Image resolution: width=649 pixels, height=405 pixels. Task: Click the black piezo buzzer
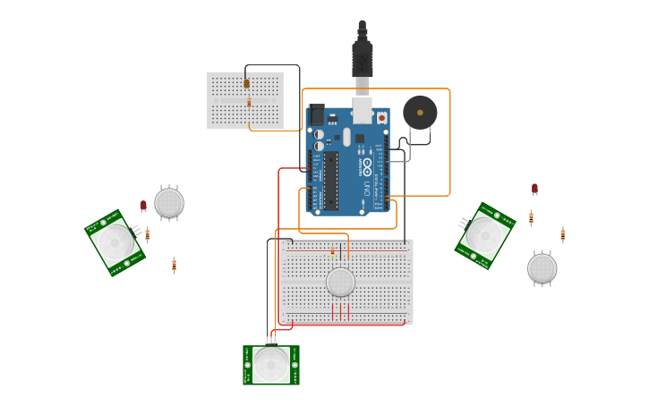click(420, 113)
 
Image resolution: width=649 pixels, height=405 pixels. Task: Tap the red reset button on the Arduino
click(381, 117)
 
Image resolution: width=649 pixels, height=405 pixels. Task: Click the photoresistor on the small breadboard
click(247, 84)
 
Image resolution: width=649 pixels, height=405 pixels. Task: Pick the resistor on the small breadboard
click(249, 103)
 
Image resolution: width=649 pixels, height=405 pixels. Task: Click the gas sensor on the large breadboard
click(340, 283)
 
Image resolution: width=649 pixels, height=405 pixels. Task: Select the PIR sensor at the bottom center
click(271, 365)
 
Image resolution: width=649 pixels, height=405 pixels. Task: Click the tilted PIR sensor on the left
click(115, 242)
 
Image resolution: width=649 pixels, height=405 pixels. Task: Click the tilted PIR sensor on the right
click(485, 235)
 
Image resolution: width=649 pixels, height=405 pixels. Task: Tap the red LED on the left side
click(143, 206)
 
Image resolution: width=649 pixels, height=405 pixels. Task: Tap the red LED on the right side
click(534, 189)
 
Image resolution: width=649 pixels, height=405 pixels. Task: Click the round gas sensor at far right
click(542, 268)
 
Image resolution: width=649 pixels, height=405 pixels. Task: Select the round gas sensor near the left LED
click(169, 203)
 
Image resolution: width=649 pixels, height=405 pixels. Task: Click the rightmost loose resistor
click(563, 235)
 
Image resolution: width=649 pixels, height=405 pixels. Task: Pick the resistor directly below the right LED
click(531, 217)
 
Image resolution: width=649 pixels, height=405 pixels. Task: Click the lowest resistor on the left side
click(174, 266)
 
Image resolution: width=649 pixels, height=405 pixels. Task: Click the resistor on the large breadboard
click(332, 252)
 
